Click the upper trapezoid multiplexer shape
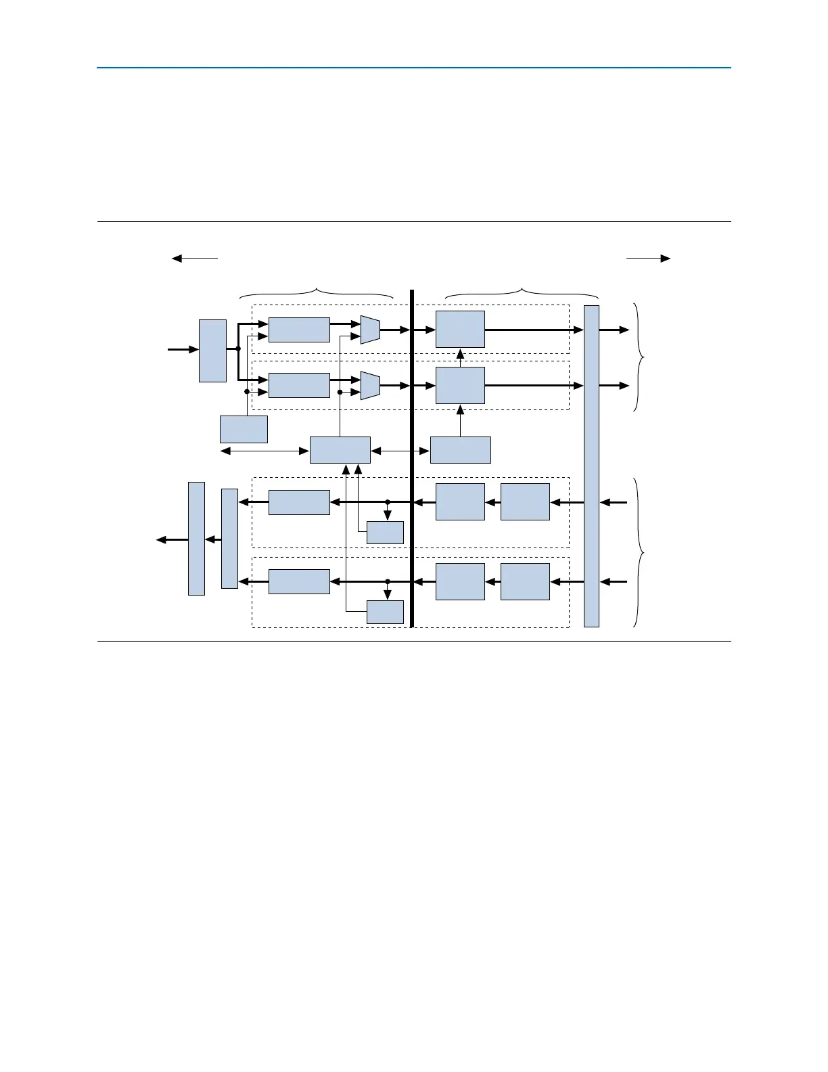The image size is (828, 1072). pyautogui.click(x=370, y=330)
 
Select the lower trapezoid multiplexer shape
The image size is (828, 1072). pyautogui.click(x=370, y=385)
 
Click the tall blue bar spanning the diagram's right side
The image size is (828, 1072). pyautogui.click(x=591, y=466)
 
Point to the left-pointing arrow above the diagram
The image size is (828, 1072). pyautogui.click(x=195, y=258)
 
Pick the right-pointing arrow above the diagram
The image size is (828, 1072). pyautogui.click(x=648, y=258)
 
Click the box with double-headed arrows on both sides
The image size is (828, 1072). pyautogui.click(x=340, y=450)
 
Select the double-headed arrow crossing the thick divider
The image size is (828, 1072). pyautogui.click(x=400, y=450)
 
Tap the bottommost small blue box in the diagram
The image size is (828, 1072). pyautogui.click(x=385, y=612)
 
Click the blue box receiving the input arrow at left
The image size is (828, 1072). pyautogui.click(x=212, y=351)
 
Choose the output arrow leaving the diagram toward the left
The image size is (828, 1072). pyautogui.click(x=172, y=539)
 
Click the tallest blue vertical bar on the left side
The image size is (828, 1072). pyautogui.click(x=196, y=539)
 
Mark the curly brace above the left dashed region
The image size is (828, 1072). pyautogui.click(x=317, y=293)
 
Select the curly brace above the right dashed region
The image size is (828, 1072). pyautogui.click(x=522, y=293)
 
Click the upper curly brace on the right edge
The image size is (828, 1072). pyautogui.click(x=639, y=357)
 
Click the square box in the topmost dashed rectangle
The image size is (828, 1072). pyautogui.click(x=460, y=330)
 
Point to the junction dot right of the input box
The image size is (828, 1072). pyautogui.click(x=238, y=349)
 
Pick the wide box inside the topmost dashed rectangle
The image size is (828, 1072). pyautogui.click(x=299, y=330)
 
